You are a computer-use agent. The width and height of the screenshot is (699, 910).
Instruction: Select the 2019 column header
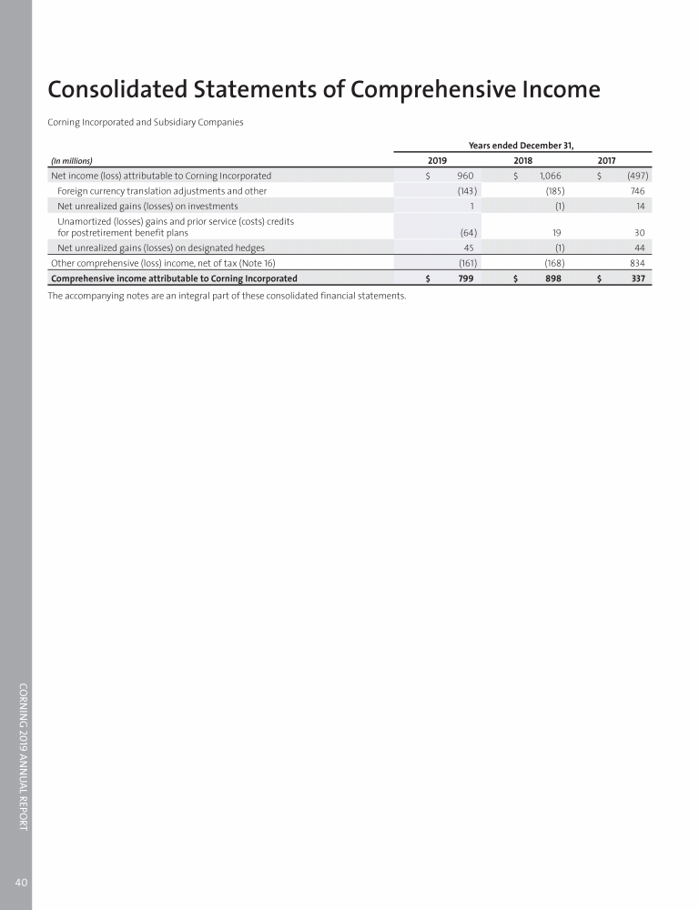(437, 161)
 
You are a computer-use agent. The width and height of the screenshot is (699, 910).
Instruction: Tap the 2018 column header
(522, 161)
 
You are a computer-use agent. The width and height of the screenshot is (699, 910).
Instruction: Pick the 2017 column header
(607, 161)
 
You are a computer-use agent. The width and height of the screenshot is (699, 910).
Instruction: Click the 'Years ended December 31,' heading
(521, 145)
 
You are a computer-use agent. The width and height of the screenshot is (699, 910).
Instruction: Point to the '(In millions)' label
(72, 161)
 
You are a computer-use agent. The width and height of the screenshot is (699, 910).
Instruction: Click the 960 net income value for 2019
(465, 176)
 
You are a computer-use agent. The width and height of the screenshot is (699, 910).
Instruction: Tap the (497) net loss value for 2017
(634, 176)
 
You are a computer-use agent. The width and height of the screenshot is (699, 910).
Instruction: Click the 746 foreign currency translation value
(637, 191)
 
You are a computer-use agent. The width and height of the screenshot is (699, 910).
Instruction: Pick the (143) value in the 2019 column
(467, 191)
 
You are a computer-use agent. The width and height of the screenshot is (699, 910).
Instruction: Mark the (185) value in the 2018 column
(553, 191)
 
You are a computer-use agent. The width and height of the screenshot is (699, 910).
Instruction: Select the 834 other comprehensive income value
(636, 262)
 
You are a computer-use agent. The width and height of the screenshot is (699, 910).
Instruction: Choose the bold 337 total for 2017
(637, 278)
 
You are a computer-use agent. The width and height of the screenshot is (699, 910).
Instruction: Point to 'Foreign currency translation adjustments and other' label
(161, 191)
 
